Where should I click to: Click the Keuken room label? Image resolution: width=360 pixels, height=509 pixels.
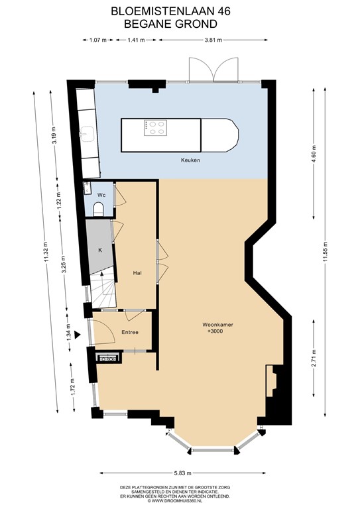[x=191, y=160]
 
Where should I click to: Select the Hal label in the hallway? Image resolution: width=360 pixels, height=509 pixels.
[x=138, y=272]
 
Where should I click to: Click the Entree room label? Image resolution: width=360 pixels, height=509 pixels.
[x=129, y=332]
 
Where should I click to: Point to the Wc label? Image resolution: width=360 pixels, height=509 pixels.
[x=101, y=195]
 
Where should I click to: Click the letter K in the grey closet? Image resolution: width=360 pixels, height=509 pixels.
[x=100, y=250]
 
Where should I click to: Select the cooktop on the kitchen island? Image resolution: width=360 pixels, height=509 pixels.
[x=156, y=127]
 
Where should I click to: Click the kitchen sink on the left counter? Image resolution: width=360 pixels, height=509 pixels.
[x=84, y=133]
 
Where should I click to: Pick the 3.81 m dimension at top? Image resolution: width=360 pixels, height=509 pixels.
[x=212, y=40]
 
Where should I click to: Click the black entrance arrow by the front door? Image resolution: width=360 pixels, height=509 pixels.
[x=79, y=335]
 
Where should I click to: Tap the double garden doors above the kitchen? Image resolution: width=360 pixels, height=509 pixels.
[x=214, y=70]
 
